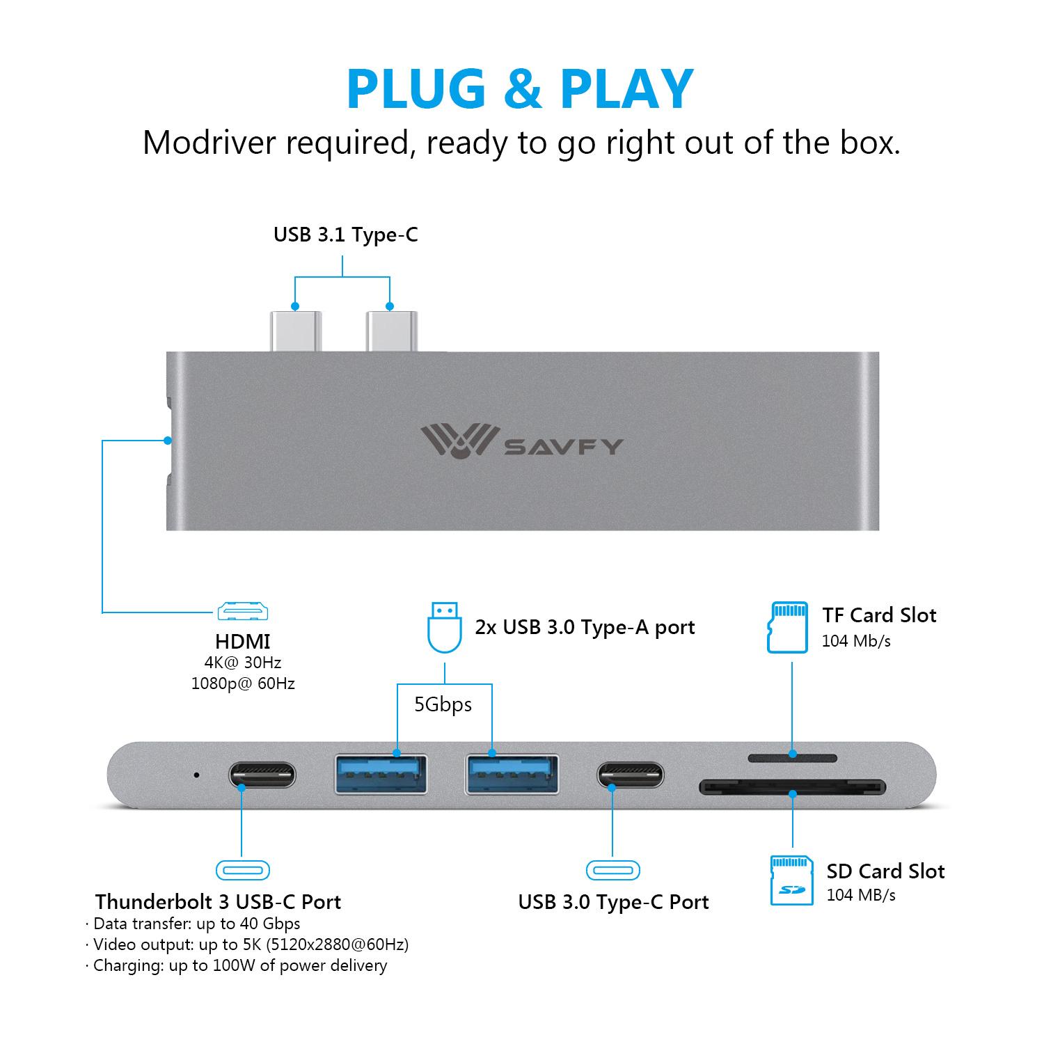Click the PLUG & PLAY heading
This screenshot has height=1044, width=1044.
[520, 89]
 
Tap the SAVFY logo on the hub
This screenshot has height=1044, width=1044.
[521, 443]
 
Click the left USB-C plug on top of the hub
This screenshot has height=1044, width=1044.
[295, 331]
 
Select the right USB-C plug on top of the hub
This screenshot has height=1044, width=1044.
[390, 331]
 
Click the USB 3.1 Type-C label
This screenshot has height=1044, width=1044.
[345, 235]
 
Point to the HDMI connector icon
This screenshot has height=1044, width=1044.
[243, 611]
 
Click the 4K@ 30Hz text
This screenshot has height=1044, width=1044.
[243, 663]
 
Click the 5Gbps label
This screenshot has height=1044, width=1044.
[443, 705]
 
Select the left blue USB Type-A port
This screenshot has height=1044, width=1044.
[381, 773]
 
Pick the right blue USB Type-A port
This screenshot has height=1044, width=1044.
[512, 773]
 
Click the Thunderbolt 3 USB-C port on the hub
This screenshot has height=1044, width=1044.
[262, 775]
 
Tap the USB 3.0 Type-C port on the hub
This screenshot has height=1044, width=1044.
[630, 775]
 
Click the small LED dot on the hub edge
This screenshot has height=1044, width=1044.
[196, 775]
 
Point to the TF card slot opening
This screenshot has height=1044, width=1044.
[792, 757]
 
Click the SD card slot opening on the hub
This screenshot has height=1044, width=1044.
[792, 787]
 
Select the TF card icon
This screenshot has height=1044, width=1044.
[787, 627]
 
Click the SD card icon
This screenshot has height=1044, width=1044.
[791, 880]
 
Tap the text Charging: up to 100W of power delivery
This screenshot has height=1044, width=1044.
[239, 965]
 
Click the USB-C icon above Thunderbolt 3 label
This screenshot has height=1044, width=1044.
[242, 870]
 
